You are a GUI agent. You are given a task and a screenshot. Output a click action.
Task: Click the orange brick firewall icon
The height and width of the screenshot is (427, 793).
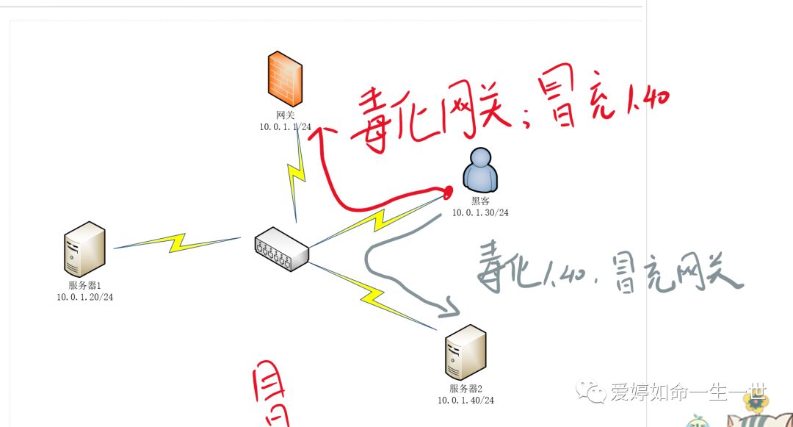(x=285, y=79)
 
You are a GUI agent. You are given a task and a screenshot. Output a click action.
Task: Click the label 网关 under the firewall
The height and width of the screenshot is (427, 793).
(x=285, y=115)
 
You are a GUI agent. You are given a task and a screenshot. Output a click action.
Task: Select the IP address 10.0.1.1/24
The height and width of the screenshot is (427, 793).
(x=285, y=126)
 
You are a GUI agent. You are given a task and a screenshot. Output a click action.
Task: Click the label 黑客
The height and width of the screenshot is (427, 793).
(x=480, y=200)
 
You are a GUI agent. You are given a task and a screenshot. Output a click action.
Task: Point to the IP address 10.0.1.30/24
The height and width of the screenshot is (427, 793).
(x=480, y=212)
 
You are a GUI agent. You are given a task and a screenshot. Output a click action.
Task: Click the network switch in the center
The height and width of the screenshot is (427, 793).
(x=282, y=250)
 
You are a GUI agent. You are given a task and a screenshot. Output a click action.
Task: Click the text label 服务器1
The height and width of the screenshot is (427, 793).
(x=84, y=285)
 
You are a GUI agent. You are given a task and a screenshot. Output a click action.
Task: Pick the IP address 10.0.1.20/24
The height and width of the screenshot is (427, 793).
(x=85, y=297)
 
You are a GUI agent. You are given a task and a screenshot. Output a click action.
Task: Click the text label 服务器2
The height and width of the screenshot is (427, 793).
(x=466, y=388)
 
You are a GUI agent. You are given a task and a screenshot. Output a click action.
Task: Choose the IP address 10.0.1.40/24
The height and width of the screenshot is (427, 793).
(x=466, y=400)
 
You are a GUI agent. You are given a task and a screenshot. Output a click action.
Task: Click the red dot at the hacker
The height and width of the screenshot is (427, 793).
(x=447, y=192)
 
